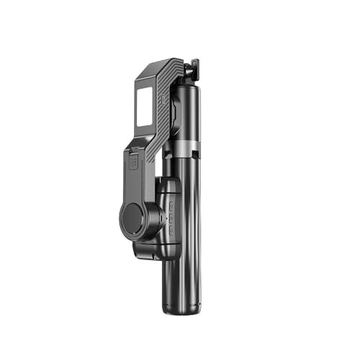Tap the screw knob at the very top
pyautogui.click(x=192, y=69)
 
